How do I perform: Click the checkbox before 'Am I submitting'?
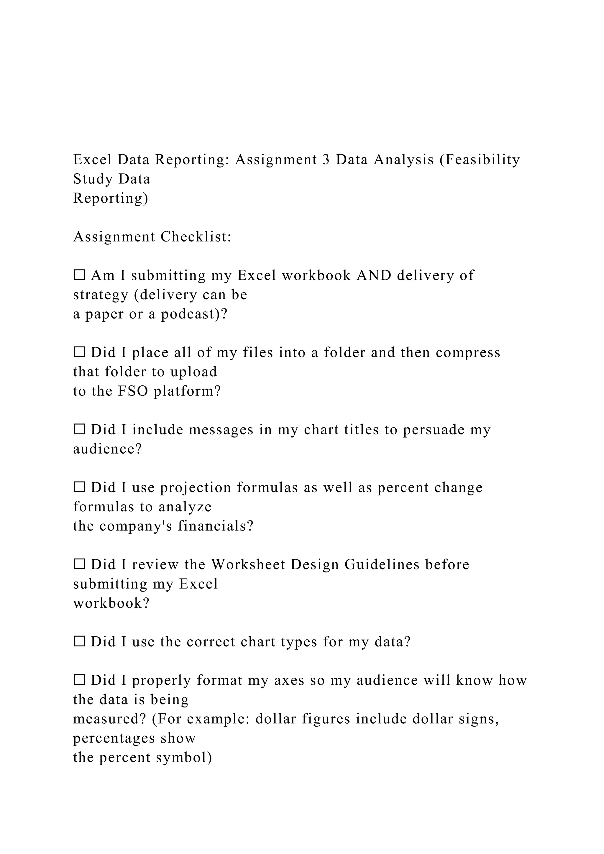click(79, 275)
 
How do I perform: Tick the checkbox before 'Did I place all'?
click(79, 352)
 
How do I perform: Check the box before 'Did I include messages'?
click(79, 430)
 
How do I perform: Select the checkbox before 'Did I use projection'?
click(79, 487)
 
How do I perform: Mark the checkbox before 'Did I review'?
click(79, 564)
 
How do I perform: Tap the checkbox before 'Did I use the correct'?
click(79, 642)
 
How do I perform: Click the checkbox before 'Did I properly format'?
click(79, 680)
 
